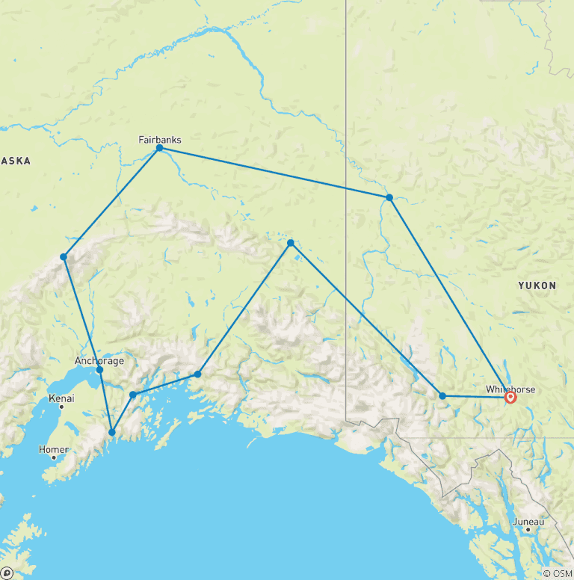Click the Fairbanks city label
(x=160, y=139)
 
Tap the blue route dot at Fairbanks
(x=159, y=149)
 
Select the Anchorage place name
(x=99, y=361)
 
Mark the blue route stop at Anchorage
(x=99, y=370)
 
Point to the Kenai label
(x=61, y=398)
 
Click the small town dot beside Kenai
(x=61, y=407)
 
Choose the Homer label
(x=54, y=449)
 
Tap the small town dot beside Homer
(x=54, y=457)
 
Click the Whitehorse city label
(x=510, y=389)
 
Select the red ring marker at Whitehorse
(x=510, y=398)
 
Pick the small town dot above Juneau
(x=528, y=529)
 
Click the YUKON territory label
(x=537, y=286)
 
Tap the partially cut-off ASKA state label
(x=15, y=161)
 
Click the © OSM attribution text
(x=557, y=573)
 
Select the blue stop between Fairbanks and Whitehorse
(x=389, y=197)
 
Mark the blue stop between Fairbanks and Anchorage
(x=64, y=257)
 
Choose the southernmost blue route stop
(x=112, y=432)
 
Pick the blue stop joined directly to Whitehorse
(x=442, y=395)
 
